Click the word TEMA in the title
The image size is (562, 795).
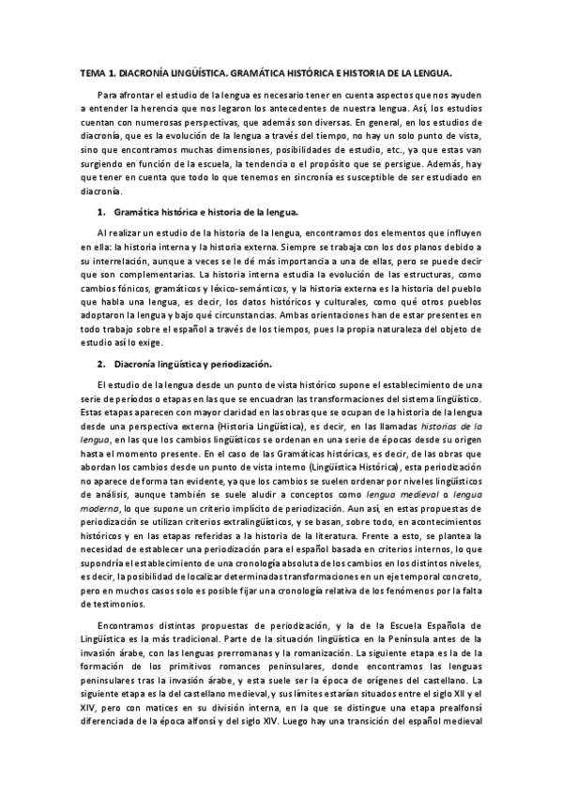tap(92, 72)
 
